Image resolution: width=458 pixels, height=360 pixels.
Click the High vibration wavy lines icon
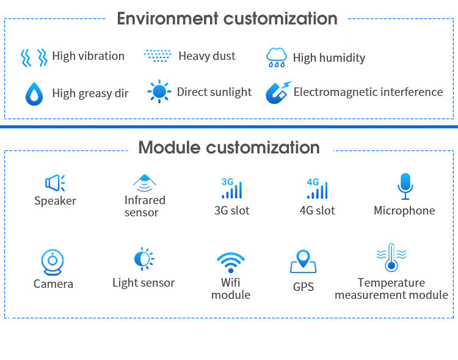pos(34,57)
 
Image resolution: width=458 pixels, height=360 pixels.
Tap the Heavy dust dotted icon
pos(158,56)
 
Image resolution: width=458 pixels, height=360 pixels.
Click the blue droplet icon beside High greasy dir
pos(34,94)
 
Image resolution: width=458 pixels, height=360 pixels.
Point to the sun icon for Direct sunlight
pos(159,92)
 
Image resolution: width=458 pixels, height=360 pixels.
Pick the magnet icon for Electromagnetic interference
pos(278,93)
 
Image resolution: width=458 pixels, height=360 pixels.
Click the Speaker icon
pos(55,182)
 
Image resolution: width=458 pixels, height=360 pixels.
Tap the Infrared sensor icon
pos(145,182)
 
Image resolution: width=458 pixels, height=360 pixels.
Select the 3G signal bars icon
pos(231,188)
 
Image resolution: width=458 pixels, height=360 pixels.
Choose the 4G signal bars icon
pos(317,188)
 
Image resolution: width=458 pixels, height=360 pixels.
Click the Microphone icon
pos(405,186)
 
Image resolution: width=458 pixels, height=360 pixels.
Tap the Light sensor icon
pos(144,259)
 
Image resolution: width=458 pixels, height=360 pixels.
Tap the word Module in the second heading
pos(170,147)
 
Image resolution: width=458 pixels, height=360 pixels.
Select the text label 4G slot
pos(317,211)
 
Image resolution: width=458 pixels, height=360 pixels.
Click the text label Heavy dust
pos(206,56)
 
